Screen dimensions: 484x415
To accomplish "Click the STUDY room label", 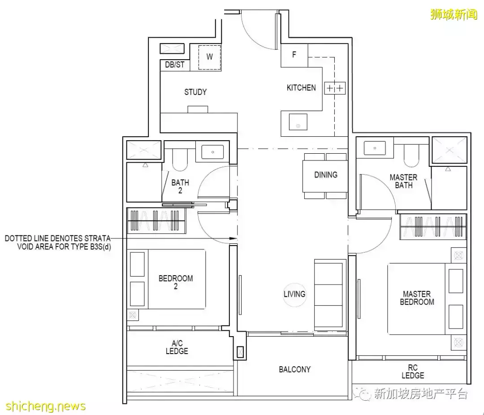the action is click(195, 92).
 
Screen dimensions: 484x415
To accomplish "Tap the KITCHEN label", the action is click(301, 88).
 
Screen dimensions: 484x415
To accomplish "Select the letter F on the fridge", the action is click(294, 55).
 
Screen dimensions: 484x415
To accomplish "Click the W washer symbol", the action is click(210, 57).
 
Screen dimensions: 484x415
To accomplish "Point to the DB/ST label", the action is click(175, 65).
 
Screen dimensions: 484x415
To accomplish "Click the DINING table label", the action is click(326, 175).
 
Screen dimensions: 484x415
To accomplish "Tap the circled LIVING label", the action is click(294, 294).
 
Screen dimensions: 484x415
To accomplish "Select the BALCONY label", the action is click(294, 369).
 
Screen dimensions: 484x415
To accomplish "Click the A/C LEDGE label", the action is click(177, 347).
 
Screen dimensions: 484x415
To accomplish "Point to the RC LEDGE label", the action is click(413, 372).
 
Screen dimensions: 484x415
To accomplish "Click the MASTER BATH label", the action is click(403, 181).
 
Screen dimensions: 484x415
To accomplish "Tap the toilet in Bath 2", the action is click(180, 160).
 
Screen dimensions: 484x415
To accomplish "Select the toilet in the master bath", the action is click(411, 156).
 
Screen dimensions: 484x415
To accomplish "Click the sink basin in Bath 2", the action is click(212, 152).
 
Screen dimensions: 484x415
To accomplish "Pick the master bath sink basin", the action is click(375, 148).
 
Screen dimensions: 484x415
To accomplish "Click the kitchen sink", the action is click(298, 121).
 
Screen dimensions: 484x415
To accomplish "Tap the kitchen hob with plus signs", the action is click(335, 88).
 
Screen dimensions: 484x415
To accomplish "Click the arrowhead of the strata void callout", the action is click(233, 238).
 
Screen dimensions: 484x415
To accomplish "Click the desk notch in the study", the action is click(198, 109).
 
